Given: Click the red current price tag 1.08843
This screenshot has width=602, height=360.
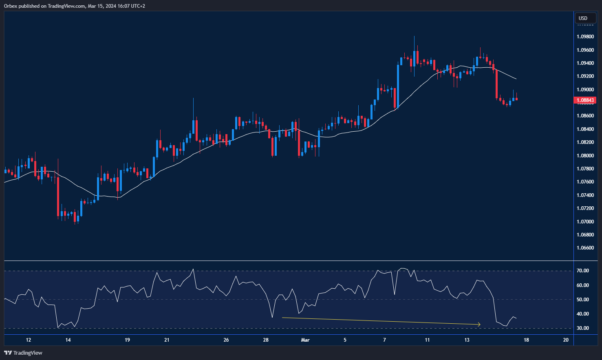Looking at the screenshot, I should pyautogui.click(x=585, y=100).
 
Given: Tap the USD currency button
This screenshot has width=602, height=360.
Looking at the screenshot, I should pyautogui.click(x=583, y=18).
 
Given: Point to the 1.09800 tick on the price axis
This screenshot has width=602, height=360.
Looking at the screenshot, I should pyautogui.click(x=585, y=37).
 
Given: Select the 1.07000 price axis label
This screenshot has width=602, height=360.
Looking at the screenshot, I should pyautogui.click(x=585, y=221).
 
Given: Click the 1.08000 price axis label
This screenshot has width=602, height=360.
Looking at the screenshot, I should pyautogui.click(x=585, y=155).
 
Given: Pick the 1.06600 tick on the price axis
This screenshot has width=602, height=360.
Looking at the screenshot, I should pyautogui.click(x=585, y=247).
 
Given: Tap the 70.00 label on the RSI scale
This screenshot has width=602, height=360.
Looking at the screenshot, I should pyautogui.click(x=583, y=271).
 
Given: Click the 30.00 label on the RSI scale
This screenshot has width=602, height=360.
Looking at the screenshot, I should pyautogui.click(x=583, y=328).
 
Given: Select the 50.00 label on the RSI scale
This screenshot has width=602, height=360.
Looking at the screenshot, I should pyautogui.click(x=583, y=299).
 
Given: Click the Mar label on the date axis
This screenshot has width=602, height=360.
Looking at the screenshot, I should pyautogui.click(x=305, y=340).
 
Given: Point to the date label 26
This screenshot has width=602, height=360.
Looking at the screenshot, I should pyautogui.click(x=226, y=340).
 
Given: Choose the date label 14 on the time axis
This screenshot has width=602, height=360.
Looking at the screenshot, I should pyautogui.click(x=68, y=340).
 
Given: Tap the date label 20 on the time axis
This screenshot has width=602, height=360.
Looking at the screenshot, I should pyautogui.click(x=566, y=340).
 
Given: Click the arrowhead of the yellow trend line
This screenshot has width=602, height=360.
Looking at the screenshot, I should pyautogui.click(x=479, y=325).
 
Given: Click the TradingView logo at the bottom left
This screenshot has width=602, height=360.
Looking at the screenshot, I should pyautogui.click(x=23, y=353).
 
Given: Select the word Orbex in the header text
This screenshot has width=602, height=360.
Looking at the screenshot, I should pyautogui.click(x=11, y=6).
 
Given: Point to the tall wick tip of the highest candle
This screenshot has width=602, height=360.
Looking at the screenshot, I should pyautogui.click(x=415, y=37).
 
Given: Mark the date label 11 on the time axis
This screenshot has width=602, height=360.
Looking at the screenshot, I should pyautogui.click(x=427, y=340).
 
